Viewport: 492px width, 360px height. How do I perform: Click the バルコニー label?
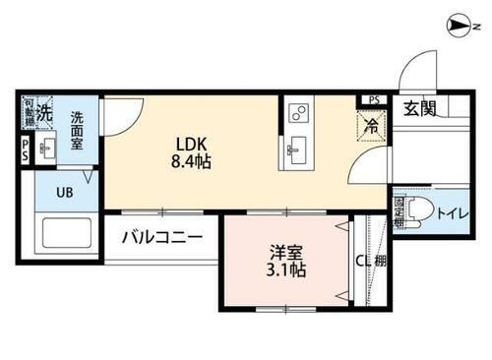(162, 238)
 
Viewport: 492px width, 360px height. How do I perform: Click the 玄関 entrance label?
(419, 109)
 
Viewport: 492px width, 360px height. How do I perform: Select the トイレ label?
(453, 211)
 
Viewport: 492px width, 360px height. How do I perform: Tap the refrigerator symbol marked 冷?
(371, 126)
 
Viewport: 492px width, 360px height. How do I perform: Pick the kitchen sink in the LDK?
(295, 150)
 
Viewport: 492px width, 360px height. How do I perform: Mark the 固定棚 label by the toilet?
(400, 210)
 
